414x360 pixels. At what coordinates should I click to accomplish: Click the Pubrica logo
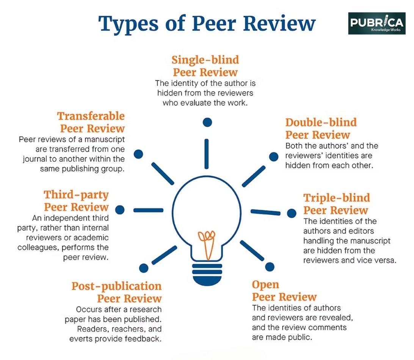[x=377, y=23]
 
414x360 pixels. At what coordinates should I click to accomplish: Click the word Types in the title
[x=129, y=24]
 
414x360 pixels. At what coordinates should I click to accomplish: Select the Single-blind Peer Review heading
[x=205, y=66]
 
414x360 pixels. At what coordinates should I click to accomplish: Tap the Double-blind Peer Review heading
[x=321, y=128]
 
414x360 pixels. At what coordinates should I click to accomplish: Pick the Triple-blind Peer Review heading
[x=337, y=204]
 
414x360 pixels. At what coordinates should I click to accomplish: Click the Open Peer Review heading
[x=284, y=291]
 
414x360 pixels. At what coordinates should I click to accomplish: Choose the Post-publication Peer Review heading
[x=116, y=292]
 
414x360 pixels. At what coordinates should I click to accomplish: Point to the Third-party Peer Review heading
[x=76, y=200]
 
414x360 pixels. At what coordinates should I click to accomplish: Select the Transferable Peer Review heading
[x=91, y=122]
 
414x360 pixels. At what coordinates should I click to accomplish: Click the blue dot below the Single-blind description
[x=207, y=122]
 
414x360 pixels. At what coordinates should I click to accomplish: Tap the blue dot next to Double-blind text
[x=274, y=157]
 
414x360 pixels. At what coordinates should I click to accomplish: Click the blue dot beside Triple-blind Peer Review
[x=292, y=213]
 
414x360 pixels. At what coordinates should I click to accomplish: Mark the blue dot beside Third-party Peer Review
[x=120, y=210]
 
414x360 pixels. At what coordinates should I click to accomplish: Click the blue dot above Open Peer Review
[x=270, y=267]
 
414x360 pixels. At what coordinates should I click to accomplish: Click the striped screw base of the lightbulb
[x=207, y=274]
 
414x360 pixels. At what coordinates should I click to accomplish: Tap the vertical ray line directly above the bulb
[x=207, y=154]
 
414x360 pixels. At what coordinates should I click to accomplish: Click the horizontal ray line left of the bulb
[x=148, y=210]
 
